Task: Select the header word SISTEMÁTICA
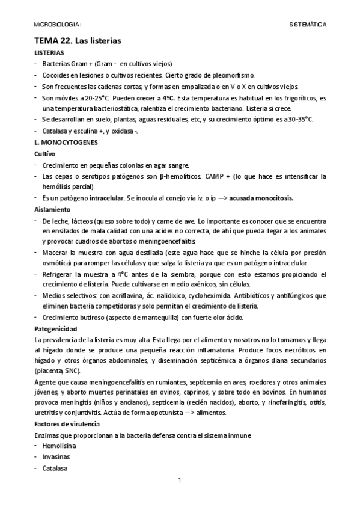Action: pyautogui.click(x=308, y=25)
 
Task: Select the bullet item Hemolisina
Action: pyautogui.click(x=58, y=447)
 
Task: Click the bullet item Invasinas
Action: pyautogui.click(x=55, y=458)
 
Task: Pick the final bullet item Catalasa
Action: pyautogui.click(x=55, y=469)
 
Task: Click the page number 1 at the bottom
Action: pyautogui.click(x=179, y=480)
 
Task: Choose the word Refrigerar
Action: pyautogui.click(x=58, y=274)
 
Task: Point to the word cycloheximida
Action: pyautogui.click(x=207, y=296)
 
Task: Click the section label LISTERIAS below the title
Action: pyautogui.click(x=49, y=54)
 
